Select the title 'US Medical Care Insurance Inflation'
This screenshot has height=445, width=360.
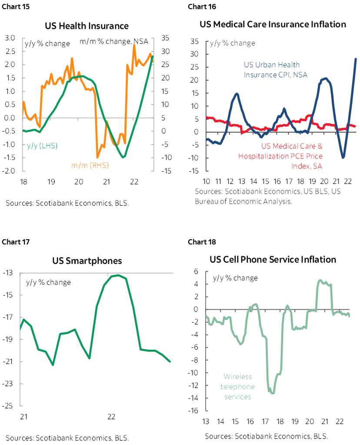(273, 24)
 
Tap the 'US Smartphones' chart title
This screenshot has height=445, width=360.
(87, 261)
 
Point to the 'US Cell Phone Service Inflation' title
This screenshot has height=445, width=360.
(273, 260)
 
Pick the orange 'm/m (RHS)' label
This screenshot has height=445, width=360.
(90, 165)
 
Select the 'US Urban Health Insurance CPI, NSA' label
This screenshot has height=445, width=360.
(275, 70)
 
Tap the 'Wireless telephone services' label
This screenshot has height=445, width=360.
(237, 387)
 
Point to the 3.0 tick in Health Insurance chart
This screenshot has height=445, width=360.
(10, 38)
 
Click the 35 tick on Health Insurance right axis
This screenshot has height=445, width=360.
(165, 38)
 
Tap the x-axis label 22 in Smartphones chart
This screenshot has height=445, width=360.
(111, 417)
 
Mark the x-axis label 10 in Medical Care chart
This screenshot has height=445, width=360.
(207, 181)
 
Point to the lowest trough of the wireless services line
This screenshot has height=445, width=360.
(273, 393)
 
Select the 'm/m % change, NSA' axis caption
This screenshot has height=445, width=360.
(114, 42)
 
